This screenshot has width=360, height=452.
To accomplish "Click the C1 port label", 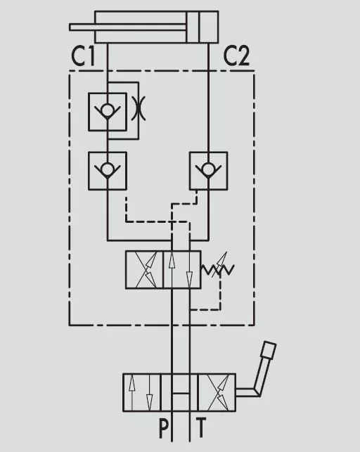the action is [x=83, y=56].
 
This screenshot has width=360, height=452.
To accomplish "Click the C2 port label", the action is [x=236, y=56].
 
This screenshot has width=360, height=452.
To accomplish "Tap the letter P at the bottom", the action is [x=163, y=428].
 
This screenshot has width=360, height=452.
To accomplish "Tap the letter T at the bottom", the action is [x=201, y=428].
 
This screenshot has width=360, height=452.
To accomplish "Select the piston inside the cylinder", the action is [x=193, y=27].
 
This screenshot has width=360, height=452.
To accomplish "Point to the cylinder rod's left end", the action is [x=70, y=27].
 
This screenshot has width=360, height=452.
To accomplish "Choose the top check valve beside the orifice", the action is [x=107, y=112].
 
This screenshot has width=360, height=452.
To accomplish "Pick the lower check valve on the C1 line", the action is [x=107, y=171].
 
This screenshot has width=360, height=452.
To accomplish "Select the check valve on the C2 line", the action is [x=208, y=171].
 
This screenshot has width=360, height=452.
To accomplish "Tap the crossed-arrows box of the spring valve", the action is [x=144, y=269].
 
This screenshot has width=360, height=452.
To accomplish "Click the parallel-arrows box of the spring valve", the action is [x=182, y=269].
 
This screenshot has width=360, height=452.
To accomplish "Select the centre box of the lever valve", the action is [x=179, y=392].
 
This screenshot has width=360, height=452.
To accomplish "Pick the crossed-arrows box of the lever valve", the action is [x=217, y=392].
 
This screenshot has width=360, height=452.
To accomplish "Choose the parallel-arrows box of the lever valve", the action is [x=142, y=392].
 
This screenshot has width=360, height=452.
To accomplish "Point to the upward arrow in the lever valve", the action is [x=131, y=392].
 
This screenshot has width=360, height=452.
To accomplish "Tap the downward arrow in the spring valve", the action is [x=189, y=270].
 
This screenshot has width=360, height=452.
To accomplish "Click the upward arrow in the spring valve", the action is [x=172, y=270].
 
